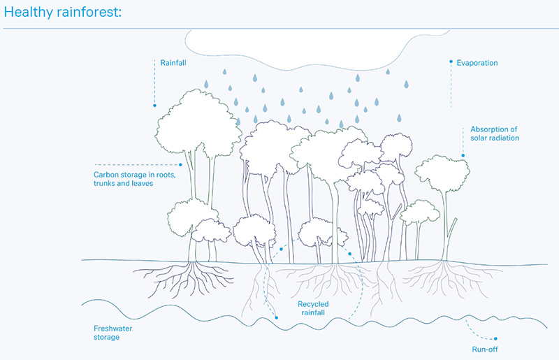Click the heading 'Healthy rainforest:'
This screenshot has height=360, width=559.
63,13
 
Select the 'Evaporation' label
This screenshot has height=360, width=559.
477,63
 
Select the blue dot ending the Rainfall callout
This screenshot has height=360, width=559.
155,106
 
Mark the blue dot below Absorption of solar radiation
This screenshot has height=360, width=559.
463,155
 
